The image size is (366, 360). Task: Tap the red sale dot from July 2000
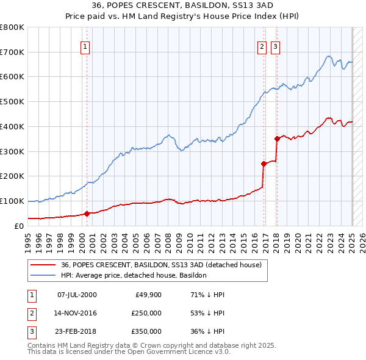(x=87, y=214)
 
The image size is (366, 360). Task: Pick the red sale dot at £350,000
(x=277, y=139)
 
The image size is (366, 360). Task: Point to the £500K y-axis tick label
(x=12, y=102)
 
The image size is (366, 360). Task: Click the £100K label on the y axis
(x=12, y=201)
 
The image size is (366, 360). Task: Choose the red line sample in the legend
(x=43, y=265)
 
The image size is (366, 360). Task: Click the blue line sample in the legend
(x=43, y=275)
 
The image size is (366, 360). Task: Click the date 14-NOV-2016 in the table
(x=76, y=313)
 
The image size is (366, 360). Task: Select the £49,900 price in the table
(x=148, y=295)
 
